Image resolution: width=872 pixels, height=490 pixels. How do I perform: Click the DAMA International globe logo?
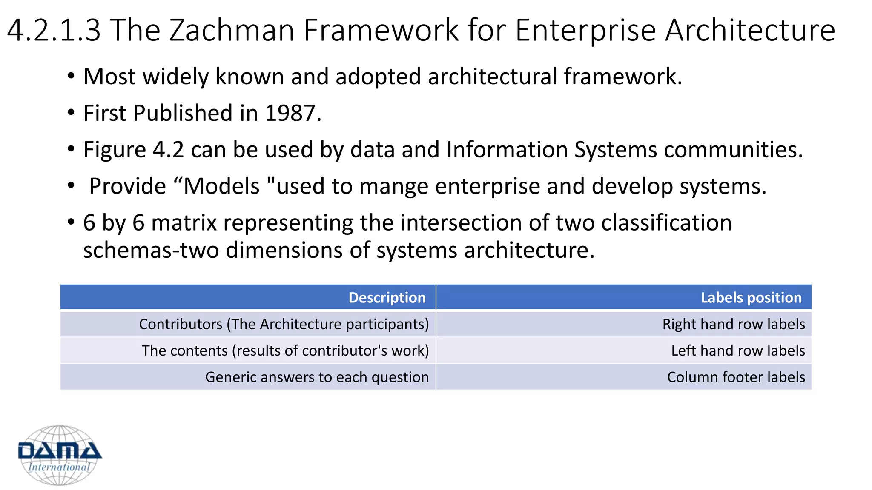[60, 455]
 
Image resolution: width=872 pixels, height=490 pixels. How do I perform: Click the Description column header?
[387, 297]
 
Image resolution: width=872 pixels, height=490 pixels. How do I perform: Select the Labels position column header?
[751, 297]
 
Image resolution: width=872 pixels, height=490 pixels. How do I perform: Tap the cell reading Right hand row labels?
[733, 324]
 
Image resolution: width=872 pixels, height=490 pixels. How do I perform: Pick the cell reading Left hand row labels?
[737, 350]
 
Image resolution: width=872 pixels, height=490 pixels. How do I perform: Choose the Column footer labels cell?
[736, 377]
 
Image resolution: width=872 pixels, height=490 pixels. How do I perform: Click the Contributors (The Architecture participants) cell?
[284, 324]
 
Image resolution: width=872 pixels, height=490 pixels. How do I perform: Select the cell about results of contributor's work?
[285, 350]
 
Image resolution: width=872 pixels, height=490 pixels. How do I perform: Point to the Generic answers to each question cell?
[317, 377]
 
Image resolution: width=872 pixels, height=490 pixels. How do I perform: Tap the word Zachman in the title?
[232, 31]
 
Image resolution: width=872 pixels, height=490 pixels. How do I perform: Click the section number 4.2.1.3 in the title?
[54, 31]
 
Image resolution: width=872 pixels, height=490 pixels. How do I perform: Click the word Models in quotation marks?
[221, 186]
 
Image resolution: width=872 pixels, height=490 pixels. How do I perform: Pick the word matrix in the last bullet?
[184, 223]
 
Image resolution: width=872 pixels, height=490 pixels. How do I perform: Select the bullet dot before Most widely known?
[71, 77]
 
